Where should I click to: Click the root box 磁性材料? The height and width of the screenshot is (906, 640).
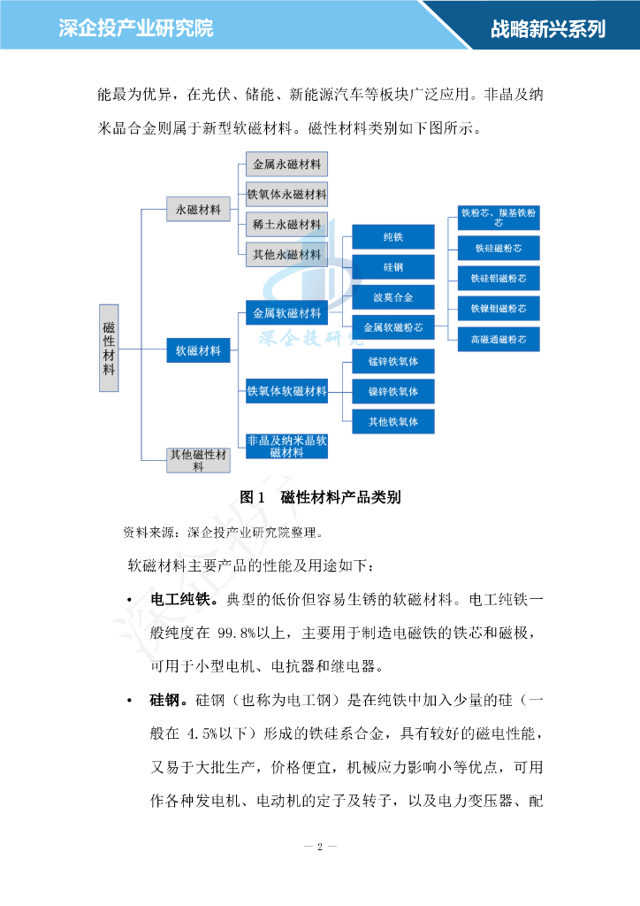pos(108,349)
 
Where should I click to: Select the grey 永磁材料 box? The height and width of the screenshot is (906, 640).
pos(198,210)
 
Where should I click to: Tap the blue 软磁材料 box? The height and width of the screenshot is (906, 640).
pos(198,350)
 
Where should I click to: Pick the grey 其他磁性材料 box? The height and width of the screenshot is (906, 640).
pos(198,460)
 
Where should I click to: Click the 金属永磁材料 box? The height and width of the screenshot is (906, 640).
pos(286,165)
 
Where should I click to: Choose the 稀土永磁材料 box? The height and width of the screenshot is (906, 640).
pos(286,225)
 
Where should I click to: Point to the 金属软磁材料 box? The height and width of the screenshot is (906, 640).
pos(286,313)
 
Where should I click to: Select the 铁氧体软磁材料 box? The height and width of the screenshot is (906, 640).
pos(286,391)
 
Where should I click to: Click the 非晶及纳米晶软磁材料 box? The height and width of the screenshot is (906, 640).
pos(286,446)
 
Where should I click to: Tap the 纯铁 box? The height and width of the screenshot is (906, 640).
pos(393,237)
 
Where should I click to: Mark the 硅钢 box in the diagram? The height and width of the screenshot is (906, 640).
pos(393,267)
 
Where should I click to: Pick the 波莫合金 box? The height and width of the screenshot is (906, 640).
pos(393,297)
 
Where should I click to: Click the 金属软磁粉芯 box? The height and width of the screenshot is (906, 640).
pos(393,326)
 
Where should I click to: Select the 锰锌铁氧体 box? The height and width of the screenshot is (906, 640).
pos(393,362)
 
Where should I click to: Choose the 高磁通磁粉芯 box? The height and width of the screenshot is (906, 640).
pos(499,339)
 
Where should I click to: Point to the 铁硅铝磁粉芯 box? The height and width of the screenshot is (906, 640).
pos(499,279)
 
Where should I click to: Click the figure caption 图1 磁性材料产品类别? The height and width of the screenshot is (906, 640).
pos(320,497)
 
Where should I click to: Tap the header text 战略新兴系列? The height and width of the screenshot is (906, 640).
pos(548,28)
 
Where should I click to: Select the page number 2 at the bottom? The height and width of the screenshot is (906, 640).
pos(320,847)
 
